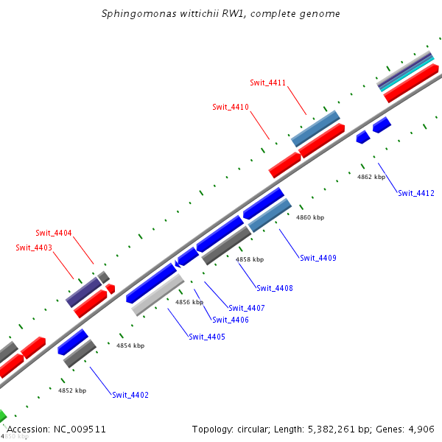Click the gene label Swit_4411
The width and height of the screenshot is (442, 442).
pyautogui.click(x=267, y=83)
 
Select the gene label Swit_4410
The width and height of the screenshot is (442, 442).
pyautogui.click(x=231, y=107)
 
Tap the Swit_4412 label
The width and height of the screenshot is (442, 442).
pyautogui.click(x=416, y=193)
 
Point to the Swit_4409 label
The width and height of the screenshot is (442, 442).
pyautogui.click(x=318, y=258)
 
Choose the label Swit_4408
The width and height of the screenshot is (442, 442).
pyautogui.click(x=275, y=288)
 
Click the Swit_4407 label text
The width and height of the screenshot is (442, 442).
pyautogui.click(x=247, y=308)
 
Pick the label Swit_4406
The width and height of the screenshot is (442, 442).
pyautogui.click(x=231, y=320)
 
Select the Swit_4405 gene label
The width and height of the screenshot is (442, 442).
pyautogui.click(x=207, y=337)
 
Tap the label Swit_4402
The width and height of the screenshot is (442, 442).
pyautogui.click(x=130, y=395)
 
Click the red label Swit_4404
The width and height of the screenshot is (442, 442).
pyautogui.click(x=54, y=233)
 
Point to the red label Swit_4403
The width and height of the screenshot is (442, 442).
pyautogui.click(x=34, y=248)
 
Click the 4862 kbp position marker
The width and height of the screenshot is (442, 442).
pyautogui.click(x=371, y=178)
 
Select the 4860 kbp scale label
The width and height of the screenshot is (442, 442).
pyautogui.click(x=310, y=218)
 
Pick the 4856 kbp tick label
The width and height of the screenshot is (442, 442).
pyautogui.click(x=189, y=302)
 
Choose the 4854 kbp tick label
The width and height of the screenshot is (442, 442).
pyautogui.click(x=130, y=345)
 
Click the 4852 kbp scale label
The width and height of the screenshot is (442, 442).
pyautogui.click(x=72, y=390)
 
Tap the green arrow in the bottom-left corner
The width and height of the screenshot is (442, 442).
pyautogui.click(x=2, y=416)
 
